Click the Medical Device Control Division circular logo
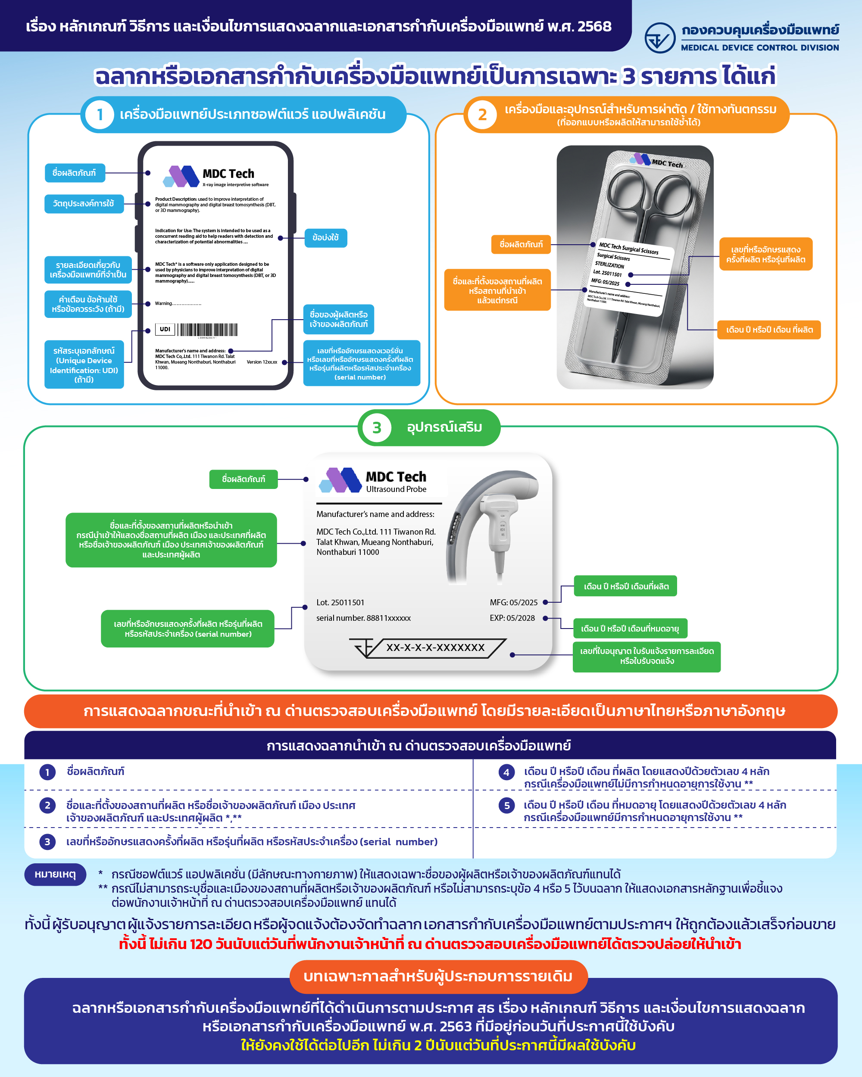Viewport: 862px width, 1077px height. pos(659,38)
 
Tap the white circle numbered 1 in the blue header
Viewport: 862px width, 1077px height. pos(100,115)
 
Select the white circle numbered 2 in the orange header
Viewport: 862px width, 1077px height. pos(482,115)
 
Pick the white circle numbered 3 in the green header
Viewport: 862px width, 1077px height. pos(376,428)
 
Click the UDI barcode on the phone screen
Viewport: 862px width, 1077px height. pos(206,330)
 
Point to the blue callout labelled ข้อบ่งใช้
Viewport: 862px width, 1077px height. pos(326,238)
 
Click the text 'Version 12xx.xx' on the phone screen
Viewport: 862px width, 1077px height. pos(262,362)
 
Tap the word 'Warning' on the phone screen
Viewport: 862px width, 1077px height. pos(163,304)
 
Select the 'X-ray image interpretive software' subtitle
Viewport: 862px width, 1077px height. pos(235,185)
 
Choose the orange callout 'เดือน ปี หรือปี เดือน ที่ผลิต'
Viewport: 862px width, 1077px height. pos(768,330)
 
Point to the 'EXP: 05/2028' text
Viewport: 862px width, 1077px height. pos(512,618)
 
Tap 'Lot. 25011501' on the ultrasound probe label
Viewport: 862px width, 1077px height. pos(340,602)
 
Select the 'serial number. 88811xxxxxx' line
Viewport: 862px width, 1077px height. pos(363,618)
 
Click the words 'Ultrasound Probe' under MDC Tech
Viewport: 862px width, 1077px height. pos(396,489)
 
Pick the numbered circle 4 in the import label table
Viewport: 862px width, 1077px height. pos(506,772)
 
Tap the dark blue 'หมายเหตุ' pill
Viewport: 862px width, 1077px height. pos(55,874)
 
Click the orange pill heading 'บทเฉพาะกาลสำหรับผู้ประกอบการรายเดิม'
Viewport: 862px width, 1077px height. pos(438,976)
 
